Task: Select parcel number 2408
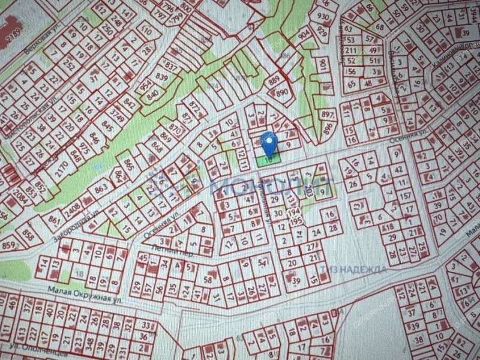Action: click(x=74, y=210)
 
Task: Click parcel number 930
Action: click(x=323, y=16)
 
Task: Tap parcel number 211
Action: click(x=352, y=50)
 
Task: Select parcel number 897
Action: click(x=328, y=115)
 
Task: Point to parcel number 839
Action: click(x=161, y=77)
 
